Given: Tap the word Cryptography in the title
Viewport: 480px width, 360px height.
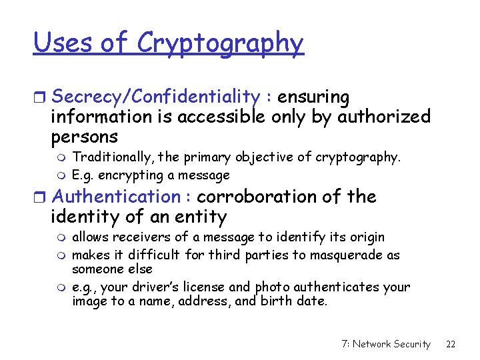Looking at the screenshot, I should tap(220, 44).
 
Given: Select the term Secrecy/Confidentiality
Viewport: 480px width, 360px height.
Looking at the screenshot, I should tap(155, 97).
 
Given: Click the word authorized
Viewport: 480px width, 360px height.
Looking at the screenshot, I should tap(383, 117).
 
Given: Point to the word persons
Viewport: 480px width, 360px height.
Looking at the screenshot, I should tap(84, 138).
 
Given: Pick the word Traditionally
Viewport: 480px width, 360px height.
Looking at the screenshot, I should tap(105, 157).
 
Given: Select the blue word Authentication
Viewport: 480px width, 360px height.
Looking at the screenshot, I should tap(115, 197).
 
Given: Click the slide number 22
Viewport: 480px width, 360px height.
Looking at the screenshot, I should tap(451, 344).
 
